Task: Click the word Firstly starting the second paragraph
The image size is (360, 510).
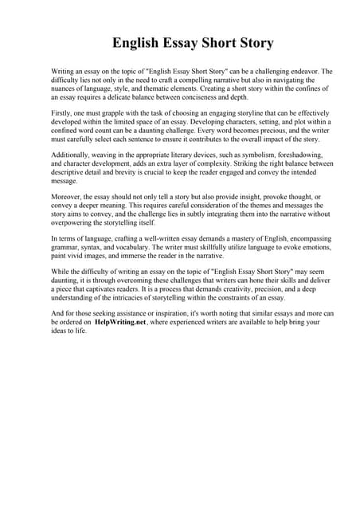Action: tap(61, 114)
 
